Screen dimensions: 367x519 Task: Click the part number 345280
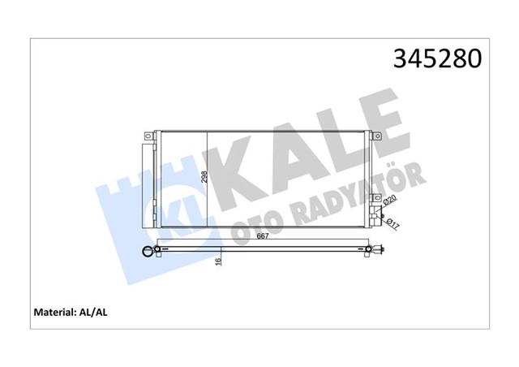tap(437, 60)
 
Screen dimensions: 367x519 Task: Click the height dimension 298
tap(205, 176)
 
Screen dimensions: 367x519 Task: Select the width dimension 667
tap(264, 236)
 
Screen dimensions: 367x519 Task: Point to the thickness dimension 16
tap(217, 261)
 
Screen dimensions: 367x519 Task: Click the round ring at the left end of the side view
tap(147, 252)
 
